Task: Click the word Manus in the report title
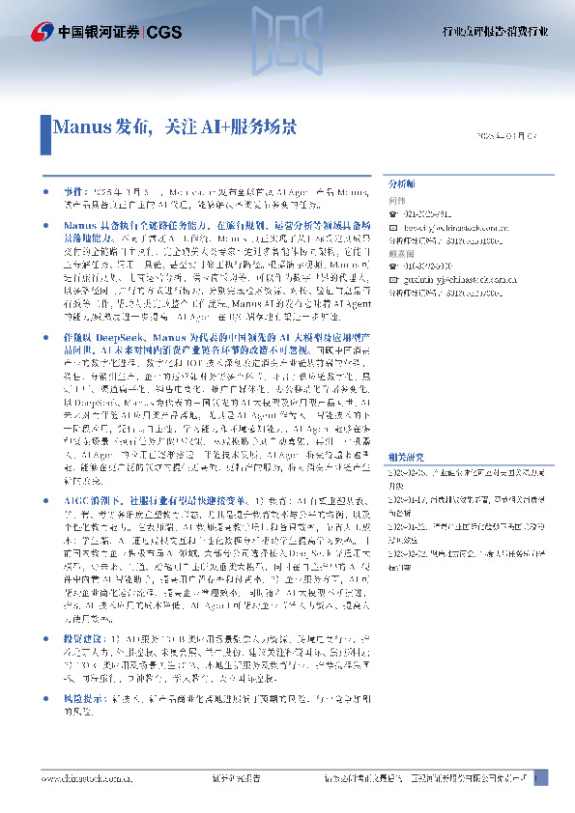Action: pyautogui.click(x=83, y=126)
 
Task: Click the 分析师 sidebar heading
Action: pyautogui.click(x=401, y=182)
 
